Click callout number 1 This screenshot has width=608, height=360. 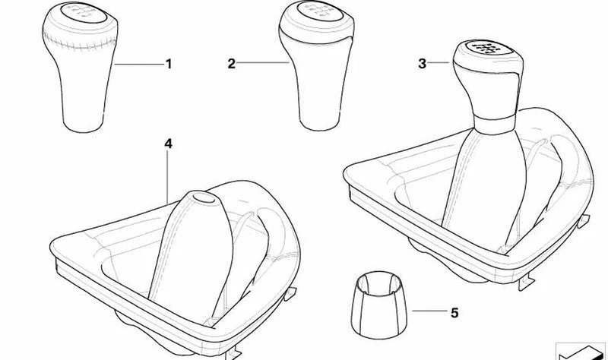[168, 64]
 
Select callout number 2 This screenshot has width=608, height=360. [232, 64]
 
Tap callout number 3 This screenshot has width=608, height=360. [423, 64]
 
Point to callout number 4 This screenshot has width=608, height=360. [168, 144]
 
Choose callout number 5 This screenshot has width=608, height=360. [454, 312]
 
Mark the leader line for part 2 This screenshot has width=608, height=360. [262, 63]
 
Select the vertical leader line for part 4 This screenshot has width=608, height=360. [168, 177]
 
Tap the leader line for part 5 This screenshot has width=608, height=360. [429, 311]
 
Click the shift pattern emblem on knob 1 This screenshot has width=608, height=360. [83, 12]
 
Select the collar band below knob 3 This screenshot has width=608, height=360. [495, 122]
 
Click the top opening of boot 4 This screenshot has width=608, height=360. [204, 197]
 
